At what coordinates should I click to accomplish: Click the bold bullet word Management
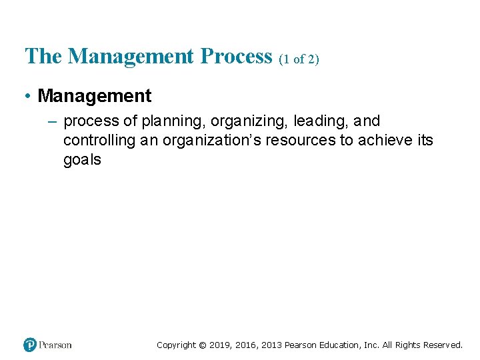point(95,96)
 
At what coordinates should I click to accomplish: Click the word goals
point(82,160)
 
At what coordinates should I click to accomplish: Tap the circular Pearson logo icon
point(30,345)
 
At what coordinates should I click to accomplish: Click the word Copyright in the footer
point(177,345)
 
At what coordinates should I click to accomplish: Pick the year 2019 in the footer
point(221,345)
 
